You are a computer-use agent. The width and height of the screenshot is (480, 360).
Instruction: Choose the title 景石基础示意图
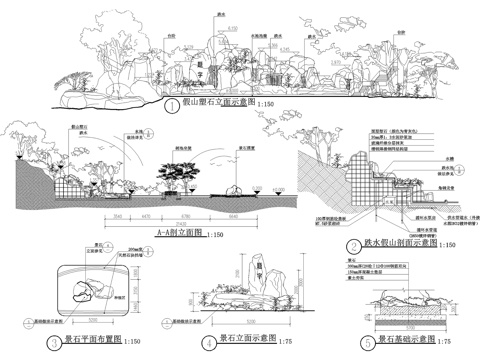[x=384, y=341]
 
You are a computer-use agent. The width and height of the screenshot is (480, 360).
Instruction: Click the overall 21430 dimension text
[x=160, y=221]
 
